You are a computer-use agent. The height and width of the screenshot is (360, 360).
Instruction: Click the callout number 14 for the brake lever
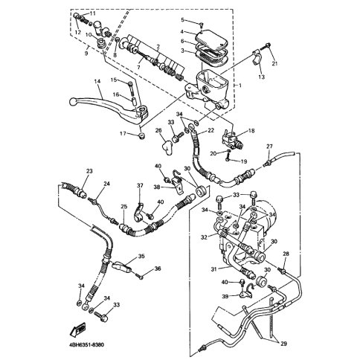(97, 81)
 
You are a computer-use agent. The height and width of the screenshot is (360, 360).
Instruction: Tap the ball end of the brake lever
(72, 101)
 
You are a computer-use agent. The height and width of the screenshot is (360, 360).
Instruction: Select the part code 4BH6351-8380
(85, 345)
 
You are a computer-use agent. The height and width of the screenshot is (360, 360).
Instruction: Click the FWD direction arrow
(78, 330)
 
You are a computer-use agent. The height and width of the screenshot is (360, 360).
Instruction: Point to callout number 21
(274, 63)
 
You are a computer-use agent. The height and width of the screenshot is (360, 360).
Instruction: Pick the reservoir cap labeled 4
(212, 39)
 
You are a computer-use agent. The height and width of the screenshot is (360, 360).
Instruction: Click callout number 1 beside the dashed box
(240, 86)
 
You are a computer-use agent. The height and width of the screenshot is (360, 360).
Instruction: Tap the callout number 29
(284, 344)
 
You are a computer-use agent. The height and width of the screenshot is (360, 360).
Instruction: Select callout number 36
(158, 269)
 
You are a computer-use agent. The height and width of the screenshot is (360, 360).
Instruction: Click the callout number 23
(89, 171)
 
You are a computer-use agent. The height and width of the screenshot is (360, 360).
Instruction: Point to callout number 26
(158, 130)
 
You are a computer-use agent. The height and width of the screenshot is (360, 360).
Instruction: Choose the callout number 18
(251, 130)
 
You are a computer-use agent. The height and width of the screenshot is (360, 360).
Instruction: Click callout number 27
(269, 147)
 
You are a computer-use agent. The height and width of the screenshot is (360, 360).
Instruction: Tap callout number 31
(214, 269)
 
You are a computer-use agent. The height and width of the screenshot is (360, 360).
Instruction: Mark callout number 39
(225, 296)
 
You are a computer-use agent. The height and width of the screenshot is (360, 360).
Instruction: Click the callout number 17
(123, 134)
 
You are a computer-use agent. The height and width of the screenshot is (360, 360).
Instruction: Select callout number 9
(86, 54)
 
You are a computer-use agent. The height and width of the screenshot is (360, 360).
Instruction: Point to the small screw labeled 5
(202, 24)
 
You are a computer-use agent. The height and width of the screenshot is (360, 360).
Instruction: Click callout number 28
(286, 254)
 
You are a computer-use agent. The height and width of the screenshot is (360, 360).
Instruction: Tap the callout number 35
(141, 256)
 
